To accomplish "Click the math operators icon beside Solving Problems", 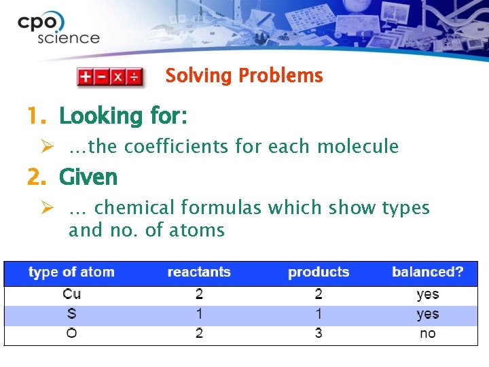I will [x=109, y=76].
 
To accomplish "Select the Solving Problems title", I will [x=244, y=75].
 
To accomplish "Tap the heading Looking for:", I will [x=123, y=116].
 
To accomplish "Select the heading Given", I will [x=88, y=177].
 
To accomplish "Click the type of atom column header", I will [x=71, y=273].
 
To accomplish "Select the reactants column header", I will [x=199, y=273].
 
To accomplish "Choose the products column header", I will [x=319, y=273].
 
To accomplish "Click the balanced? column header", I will [x=428, y=273].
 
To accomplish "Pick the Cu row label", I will [x=71, y=294].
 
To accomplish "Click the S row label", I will [x=71, y=314].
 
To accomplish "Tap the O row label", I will [x=71, y=334].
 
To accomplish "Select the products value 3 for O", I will [x=319, y=334].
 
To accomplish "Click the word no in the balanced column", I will [x=428, y=334].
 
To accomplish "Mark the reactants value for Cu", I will [x=199, y=294].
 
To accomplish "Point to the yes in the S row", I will [x=428, y=314].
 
